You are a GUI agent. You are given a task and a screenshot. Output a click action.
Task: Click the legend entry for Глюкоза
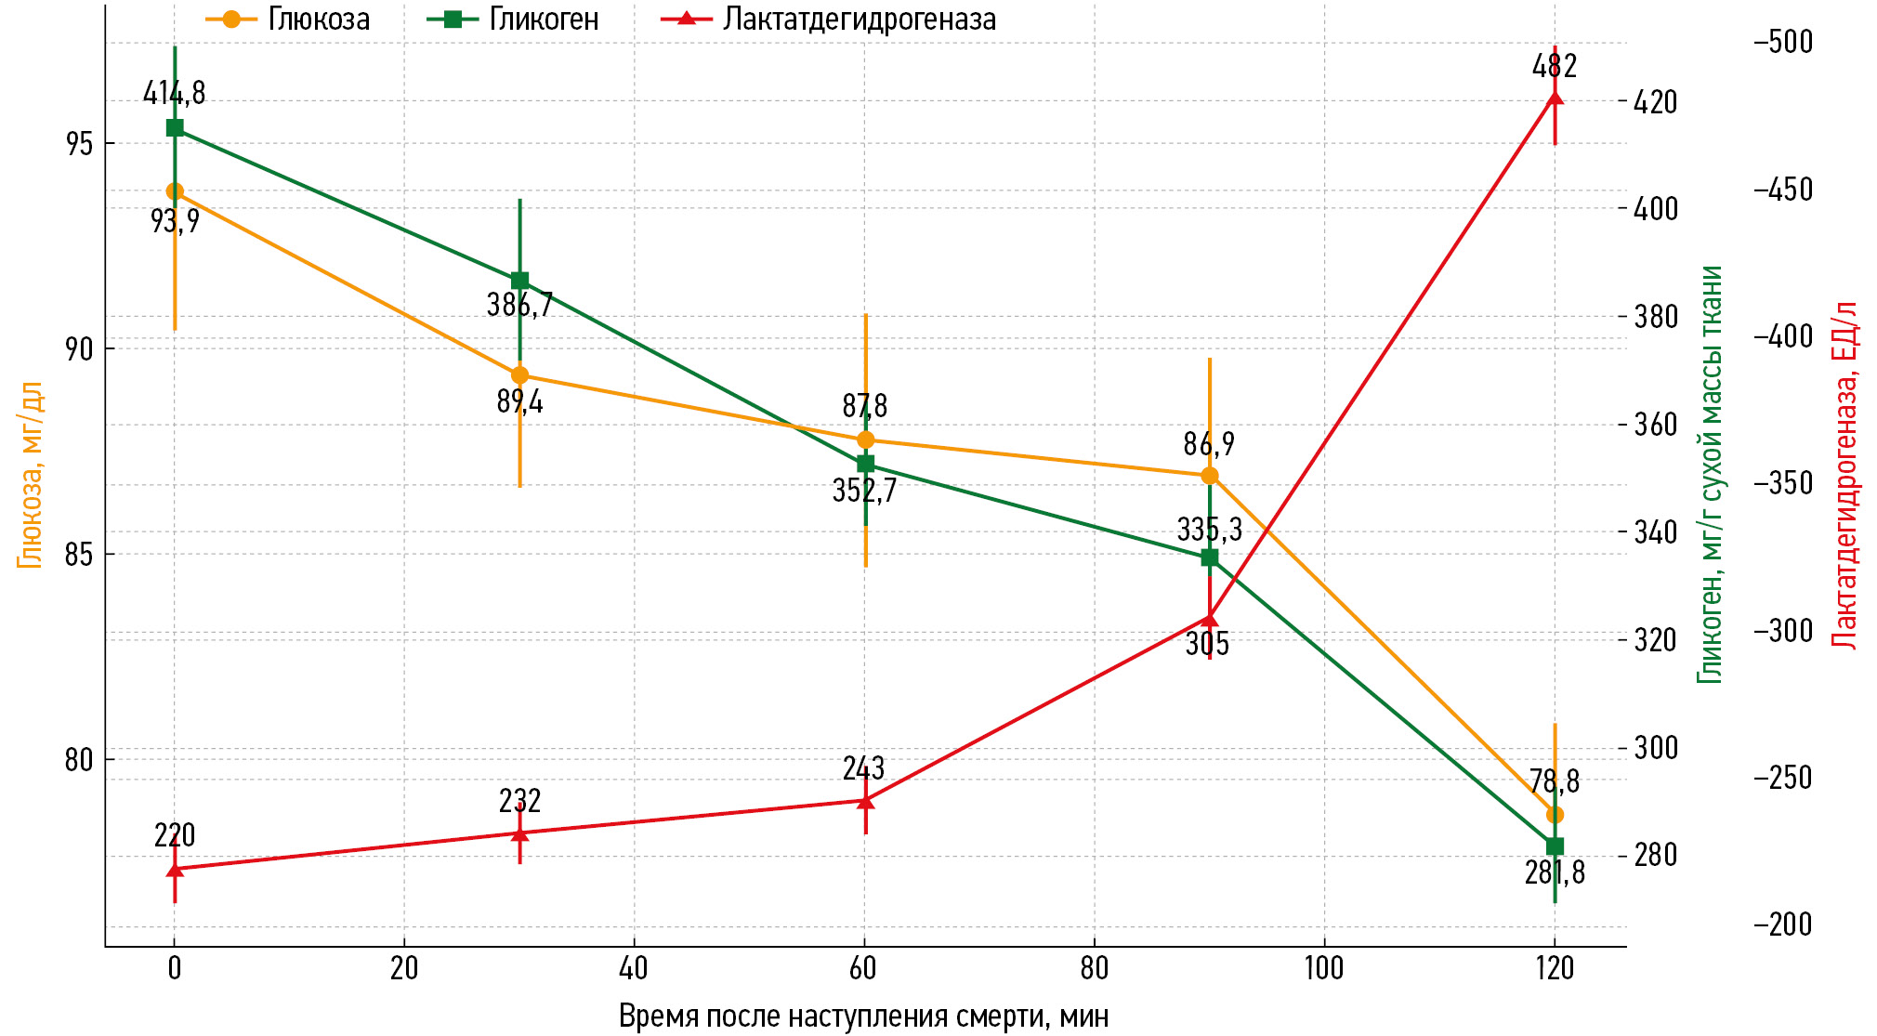(x=288, y=20)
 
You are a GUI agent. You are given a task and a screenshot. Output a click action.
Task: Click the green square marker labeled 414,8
(x=175, y=128)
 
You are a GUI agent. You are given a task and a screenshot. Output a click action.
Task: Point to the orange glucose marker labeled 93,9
(x=175, y=191)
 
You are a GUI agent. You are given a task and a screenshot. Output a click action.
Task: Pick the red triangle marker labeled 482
(x=1555, y=98)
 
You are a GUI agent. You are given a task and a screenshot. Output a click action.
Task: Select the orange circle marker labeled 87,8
(x=865, y=439)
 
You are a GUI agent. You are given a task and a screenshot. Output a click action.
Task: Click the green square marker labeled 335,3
(x=1210, y=557)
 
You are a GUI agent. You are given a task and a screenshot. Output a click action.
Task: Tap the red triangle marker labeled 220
(x=175, y=870)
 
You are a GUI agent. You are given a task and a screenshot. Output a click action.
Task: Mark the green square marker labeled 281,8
(x=1555, y=846)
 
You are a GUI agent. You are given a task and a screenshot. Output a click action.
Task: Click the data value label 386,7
(x=519, y=305)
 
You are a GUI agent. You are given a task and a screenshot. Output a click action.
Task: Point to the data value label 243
(x=864, y=768)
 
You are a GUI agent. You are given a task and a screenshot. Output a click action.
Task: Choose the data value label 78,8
(x=1555, y=781)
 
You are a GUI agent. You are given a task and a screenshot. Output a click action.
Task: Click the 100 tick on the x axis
(x=1324, y=968)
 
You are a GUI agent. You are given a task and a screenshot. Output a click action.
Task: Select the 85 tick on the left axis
(x=79, y=555)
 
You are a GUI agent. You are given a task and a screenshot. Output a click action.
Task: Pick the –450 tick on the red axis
(x=1783, y=190)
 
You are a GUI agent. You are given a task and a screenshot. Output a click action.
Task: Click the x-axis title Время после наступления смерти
(x=863, y=1016)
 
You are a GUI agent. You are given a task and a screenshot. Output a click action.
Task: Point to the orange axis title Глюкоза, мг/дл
(x=31, y=474)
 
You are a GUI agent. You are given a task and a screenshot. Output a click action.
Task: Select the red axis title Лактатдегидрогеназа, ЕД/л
(x=1844, y=474)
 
